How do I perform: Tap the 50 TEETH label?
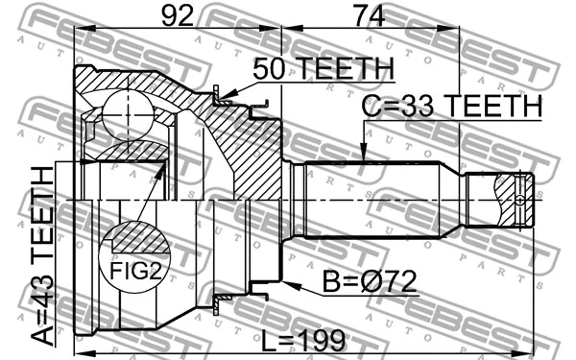(324, 69)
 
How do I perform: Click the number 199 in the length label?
(322, 340)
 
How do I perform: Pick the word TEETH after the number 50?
(346, 69)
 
